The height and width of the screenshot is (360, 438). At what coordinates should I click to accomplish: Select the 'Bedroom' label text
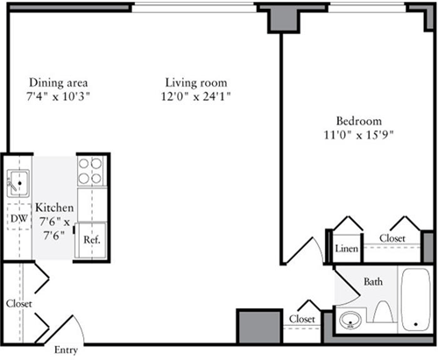[x=358, y=120]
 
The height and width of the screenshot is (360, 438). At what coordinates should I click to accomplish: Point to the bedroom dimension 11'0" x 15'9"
[x=358, y=135]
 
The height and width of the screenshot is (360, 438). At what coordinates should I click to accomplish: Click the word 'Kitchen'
[x=53, y=208]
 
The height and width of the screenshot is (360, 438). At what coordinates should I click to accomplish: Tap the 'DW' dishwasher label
[x=18, y=217]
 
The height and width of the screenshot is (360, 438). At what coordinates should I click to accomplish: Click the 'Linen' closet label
[x=346, y=250]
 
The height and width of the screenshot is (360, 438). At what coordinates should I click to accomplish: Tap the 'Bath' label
[x=373, y=282]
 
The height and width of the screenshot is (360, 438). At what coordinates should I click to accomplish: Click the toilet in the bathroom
[x=383, y=312]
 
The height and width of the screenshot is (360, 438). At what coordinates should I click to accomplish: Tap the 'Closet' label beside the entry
[x=18, y=303]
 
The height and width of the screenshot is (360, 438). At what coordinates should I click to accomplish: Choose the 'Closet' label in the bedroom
[x=392, y=238]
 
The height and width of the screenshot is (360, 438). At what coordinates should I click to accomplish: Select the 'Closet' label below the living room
[x=302, y=319]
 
